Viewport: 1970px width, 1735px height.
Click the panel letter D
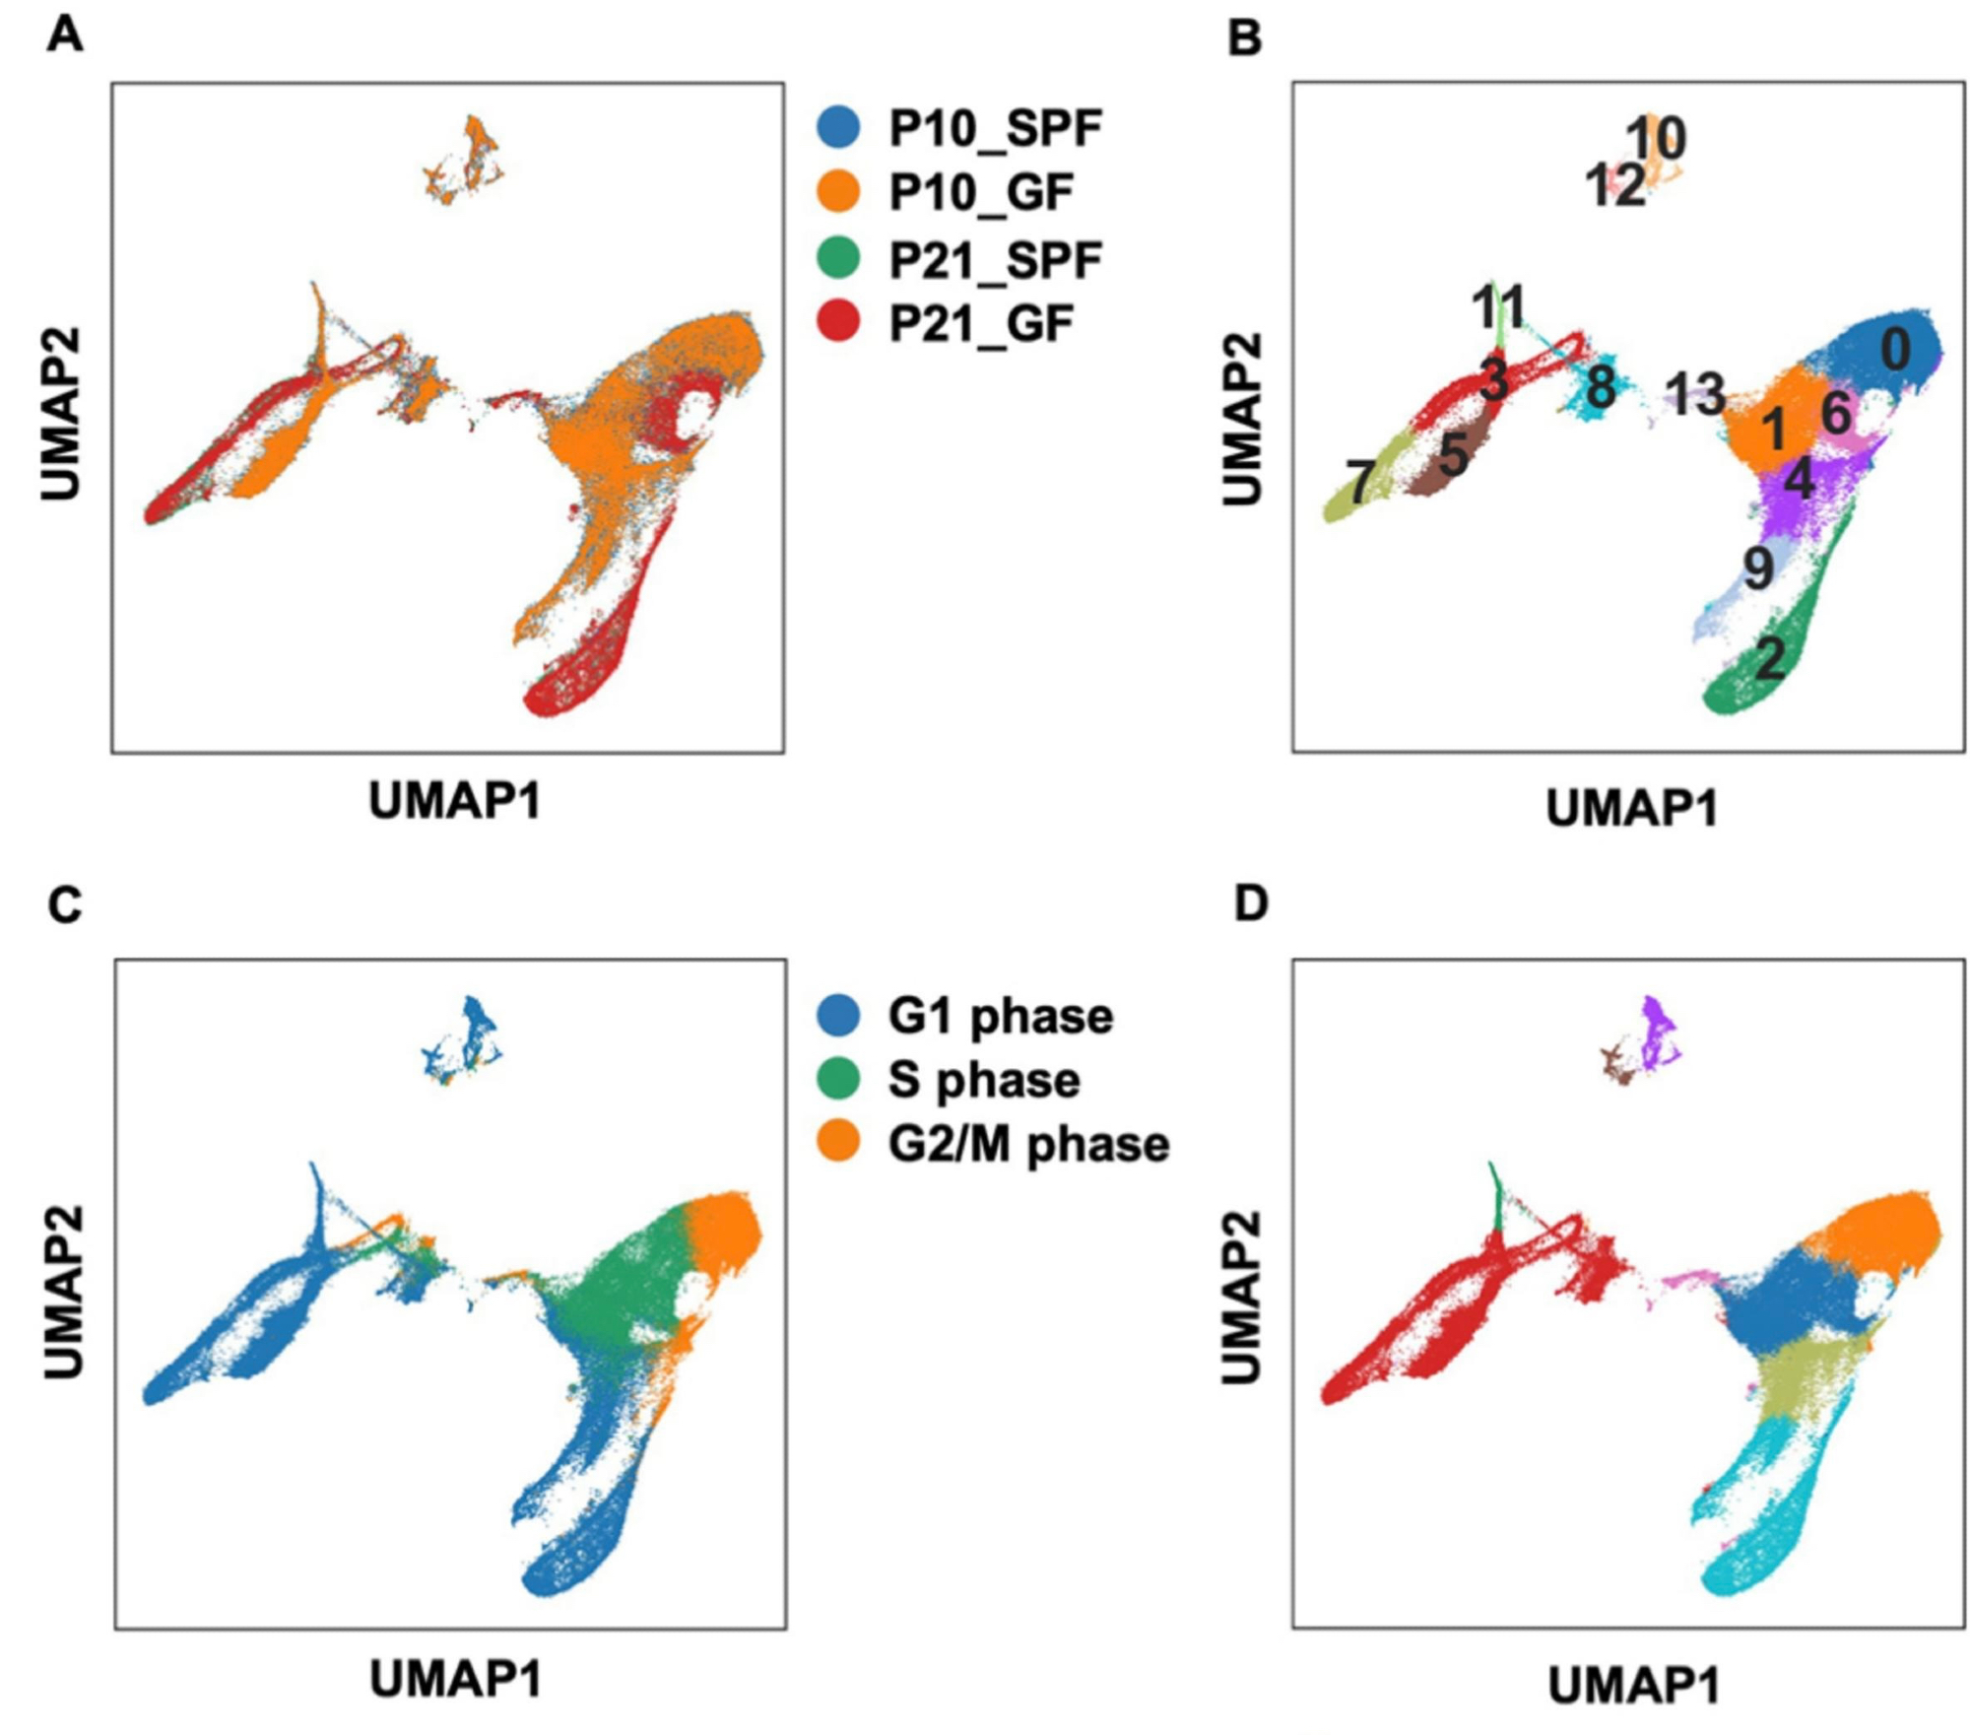(x=1251, y=903)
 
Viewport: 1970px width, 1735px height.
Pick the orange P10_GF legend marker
(x=838, y=191)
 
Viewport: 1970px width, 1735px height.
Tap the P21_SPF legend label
(x=995, y=260)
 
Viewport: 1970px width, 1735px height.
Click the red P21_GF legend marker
(x=838, y=323)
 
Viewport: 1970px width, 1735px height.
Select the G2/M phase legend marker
(x=838, y=1143)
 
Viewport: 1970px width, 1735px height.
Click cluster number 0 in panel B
(x=1896, y=350)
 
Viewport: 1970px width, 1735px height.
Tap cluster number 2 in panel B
(x=1770, y=658)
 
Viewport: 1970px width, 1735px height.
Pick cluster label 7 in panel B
(x=1360, y=482)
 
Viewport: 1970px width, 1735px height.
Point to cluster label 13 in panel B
(x=1695, y=395)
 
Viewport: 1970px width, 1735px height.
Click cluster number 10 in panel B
(x=1656, y=138)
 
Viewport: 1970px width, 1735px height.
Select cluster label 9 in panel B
(x=1758, y=567)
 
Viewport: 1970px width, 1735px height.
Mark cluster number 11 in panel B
(x=1498, y=307)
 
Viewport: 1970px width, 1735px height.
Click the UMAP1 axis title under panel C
(x=455, y=1679)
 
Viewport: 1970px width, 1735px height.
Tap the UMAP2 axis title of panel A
(x=61, y=415)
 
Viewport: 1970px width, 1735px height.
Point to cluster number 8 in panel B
(x=1601, y=387)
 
